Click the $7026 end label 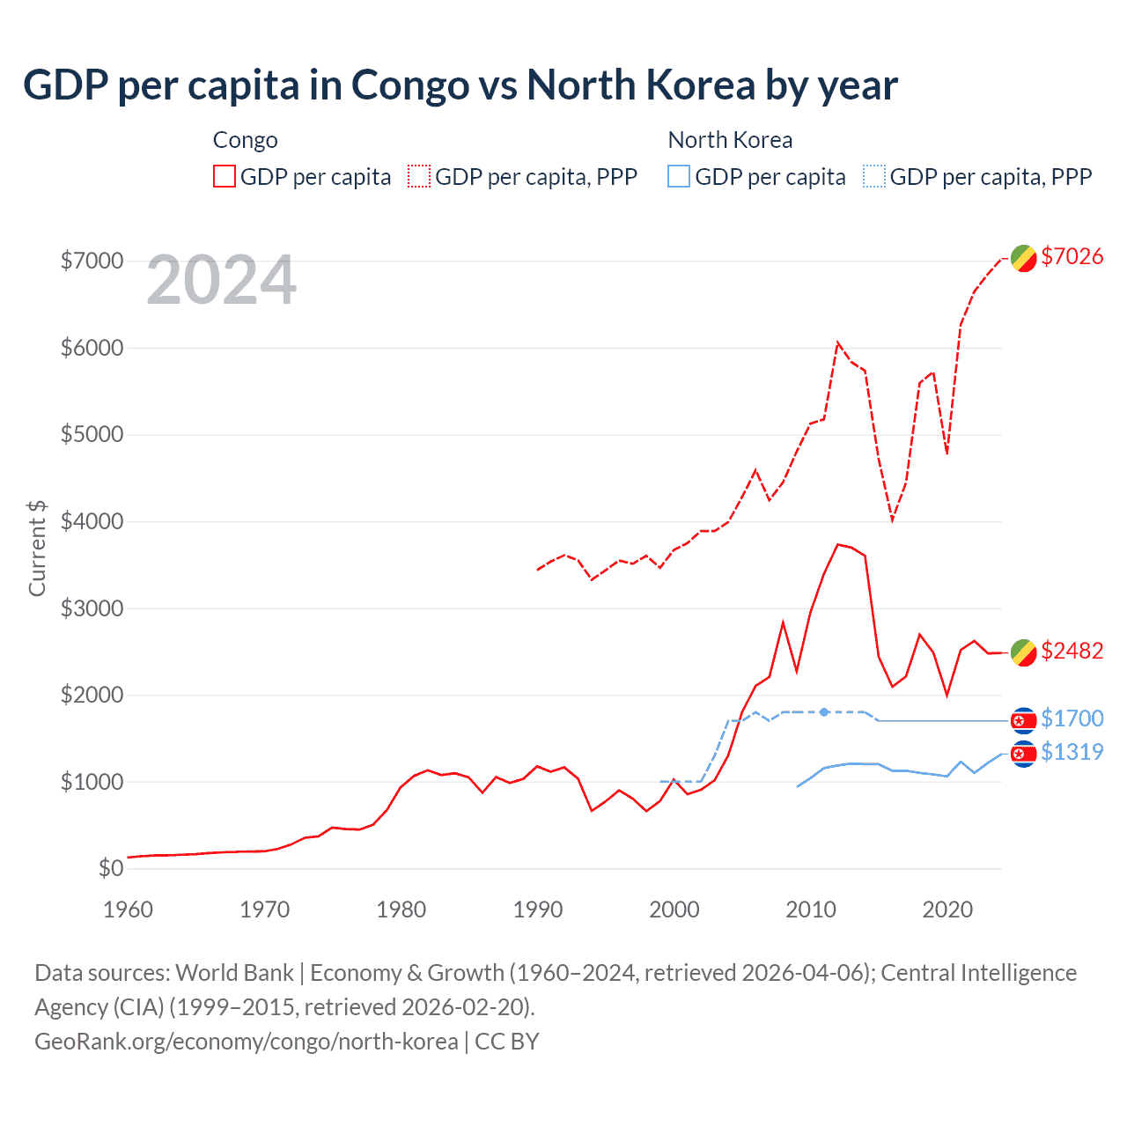1072,256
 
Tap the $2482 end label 1072,651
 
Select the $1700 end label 1072,718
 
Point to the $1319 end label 1072,752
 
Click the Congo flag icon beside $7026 1023,258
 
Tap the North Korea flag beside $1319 1023,754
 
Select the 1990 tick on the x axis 537,910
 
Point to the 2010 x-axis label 810,910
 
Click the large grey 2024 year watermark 221,280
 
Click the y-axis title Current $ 37,548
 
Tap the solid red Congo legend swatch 225,176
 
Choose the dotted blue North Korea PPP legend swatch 874,176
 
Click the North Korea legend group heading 730,140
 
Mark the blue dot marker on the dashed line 824,711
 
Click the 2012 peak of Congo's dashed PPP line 837,343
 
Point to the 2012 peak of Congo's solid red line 837,544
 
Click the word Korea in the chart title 701,85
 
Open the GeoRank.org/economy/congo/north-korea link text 246,1042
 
